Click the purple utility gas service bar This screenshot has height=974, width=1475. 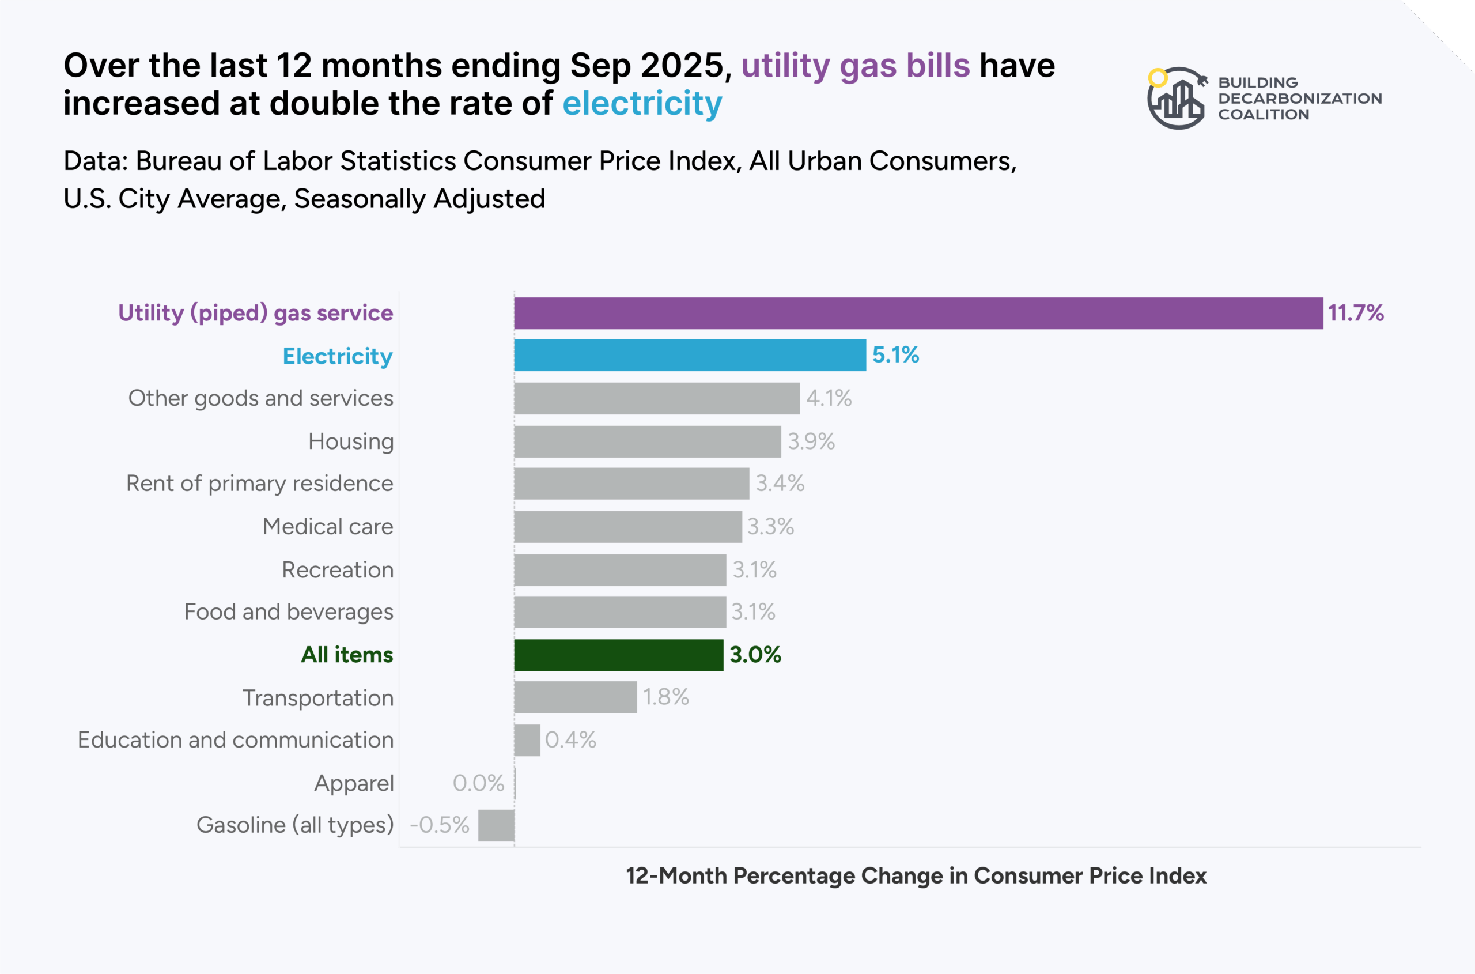[x=918, y=313]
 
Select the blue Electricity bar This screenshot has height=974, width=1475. [x=689, y=356]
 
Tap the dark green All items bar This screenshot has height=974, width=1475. [x=619, y=655]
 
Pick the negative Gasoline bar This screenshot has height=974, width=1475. [x=496, y=825]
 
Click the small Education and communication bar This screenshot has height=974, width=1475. [x=527, y=740]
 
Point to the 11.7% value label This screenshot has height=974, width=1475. [x=1356, y=312]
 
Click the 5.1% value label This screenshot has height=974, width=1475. [x=895, y=354]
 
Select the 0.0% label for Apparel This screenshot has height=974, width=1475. [x=478, y=783]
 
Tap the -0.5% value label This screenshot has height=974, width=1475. [x=439, y=825]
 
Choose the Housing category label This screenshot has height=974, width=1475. [x=351, y=441]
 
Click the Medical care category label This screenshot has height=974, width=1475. [x=328, y=527]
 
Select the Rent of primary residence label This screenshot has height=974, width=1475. [x=260, y=484]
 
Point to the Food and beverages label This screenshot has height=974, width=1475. [x=289, y=612]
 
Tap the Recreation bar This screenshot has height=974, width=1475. [x=620, y=569]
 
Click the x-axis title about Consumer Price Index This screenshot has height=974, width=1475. [x=916, y=875]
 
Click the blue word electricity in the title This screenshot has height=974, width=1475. [x=642, y=103]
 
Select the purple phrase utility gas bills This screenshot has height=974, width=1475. [x=855, y=65]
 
